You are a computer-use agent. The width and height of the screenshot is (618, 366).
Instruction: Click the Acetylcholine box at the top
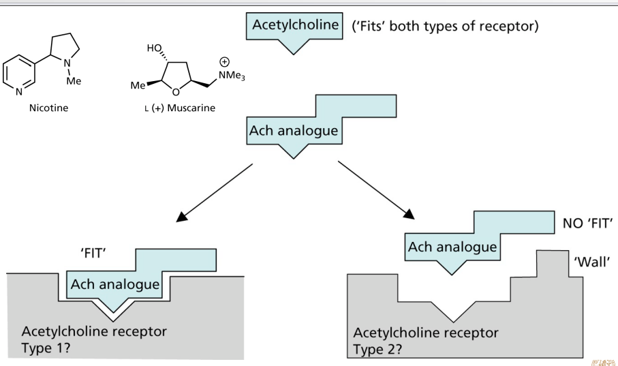[295, 26]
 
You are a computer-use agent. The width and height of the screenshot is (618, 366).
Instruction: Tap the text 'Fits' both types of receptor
[444, 27]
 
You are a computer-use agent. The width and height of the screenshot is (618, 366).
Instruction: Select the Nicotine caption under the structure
[48, 108]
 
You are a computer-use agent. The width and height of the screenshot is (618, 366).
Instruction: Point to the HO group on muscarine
[155, 48]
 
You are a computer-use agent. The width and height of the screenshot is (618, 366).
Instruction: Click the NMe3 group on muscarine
[232, 76]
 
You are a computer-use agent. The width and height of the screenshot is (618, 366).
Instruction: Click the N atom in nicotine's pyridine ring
[18, 91]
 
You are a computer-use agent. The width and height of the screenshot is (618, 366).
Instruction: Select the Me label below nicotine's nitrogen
[74, 81]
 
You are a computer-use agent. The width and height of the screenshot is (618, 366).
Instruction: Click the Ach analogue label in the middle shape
[294, 130]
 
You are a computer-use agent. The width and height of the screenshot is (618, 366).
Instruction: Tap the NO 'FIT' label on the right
[588, 223]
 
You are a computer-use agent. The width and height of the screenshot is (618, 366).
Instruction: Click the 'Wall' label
[591, 262]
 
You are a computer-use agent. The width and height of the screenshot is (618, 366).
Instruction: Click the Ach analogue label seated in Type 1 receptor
[115, 284]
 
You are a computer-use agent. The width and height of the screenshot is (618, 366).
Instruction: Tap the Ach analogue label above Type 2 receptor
[452, 247]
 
